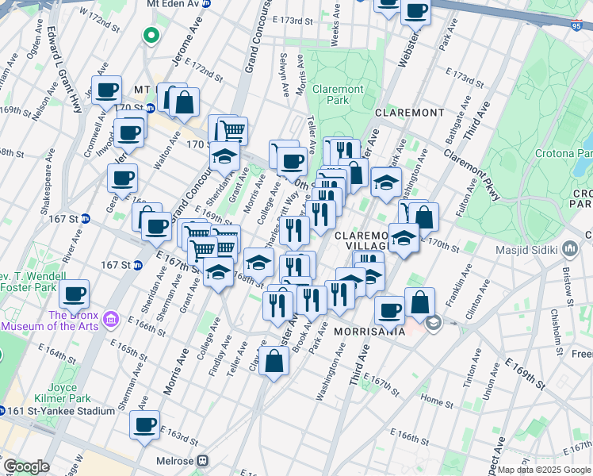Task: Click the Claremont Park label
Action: tap(338, 95)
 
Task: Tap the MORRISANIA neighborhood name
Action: tap(369, 331)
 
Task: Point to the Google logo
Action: tap(26, 466)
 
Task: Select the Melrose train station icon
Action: tap(204, 460)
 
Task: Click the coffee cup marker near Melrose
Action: tap(145, 424)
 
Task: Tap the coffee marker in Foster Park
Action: tap(75, 294)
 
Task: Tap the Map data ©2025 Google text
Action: tap(543, 470)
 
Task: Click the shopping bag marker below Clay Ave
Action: tap(274, 362)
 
